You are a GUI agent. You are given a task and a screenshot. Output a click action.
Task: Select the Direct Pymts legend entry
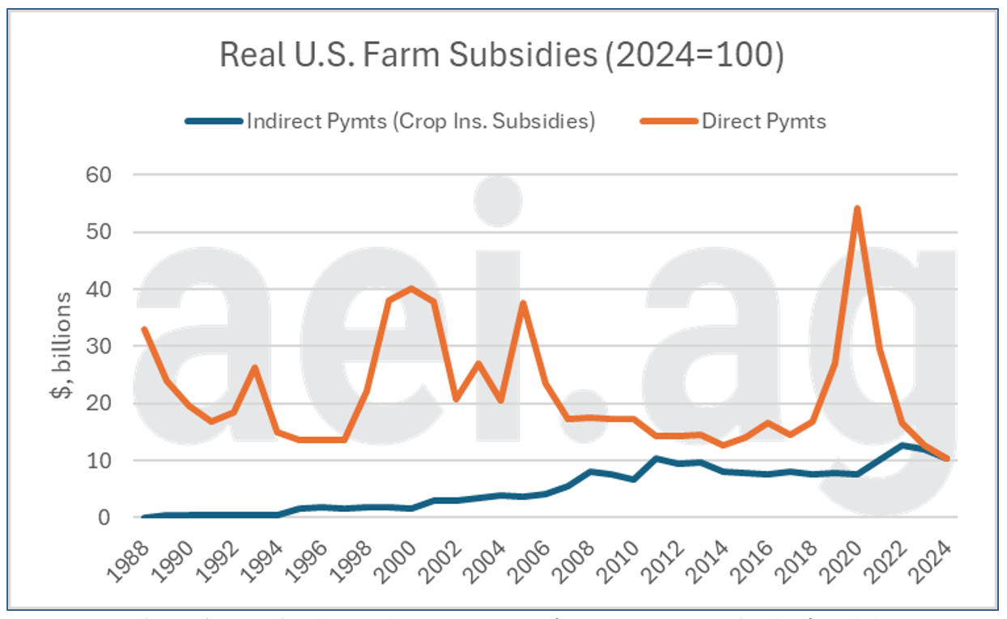pyautogui.click(x=763, y=122)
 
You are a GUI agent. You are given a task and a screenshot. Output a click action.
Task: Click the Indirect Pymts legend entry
pyautogui.click(x=420, y=122)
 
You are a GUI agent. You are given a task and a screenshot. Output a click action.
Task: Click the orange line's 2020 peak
pyautogui.click(x=856, y=209)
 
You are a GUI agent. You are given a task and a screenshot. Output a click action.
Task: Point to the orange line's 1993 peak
pyautogui.click(x=255, y=368)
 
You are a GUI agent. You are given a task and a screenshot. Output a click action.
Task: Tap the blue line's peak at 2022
pyautogui.click(x=902, y=445)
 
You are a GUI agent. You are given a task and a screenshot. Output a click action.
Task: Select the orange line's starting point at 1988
pyautogui.click(x=144, y=329)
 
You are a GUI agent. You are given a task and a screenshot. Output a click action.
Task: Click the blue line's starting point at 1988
pyautogui.click(x=144, y=516)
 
